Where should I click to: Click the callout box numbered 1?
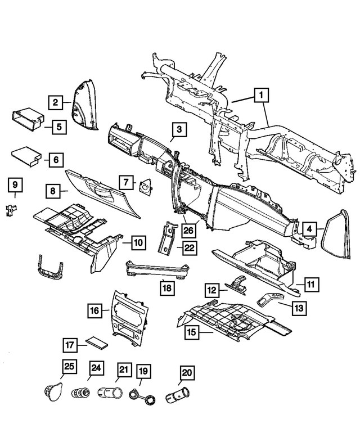click(261, 95)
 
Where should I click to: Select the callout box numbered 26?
click(188, 231)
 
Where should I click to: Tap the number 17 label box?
click(70, 345)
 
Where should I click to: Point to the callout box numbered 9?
click(15, 184)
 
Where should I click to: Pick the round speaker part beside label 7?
click(145, 186)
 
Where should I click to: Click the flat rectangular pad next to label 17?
click(96, 343)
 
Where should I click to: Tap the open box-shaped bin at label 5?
click(29, 119)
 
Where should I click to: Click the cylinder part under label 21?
click(110, 393)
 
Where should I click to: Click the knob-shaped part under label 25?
click(53, 391)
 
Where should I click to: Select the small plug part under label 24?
click(80, 393)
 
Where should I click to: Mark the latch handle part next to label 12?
click(237, 285)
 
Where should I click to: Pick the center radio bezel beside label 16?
click(130, 317)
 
